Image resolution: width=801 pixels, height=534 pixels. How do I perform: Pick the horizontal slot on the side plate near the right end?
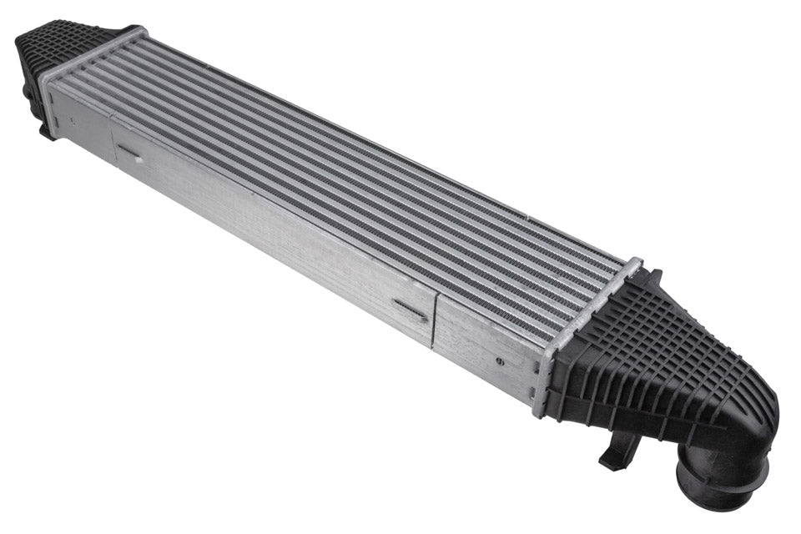(411, 310)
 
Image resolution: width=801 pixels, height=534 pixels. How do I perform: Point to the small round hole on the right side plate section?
(500, 361)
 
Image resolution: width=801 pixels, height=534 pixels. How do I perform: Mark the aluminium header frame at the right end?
(584, 334)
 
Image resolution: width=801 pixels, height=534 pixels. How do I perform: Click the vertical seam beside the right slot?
(433, 322)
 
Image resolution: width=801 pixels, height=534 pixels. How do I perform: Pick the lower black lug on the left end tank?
(46, 129)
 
